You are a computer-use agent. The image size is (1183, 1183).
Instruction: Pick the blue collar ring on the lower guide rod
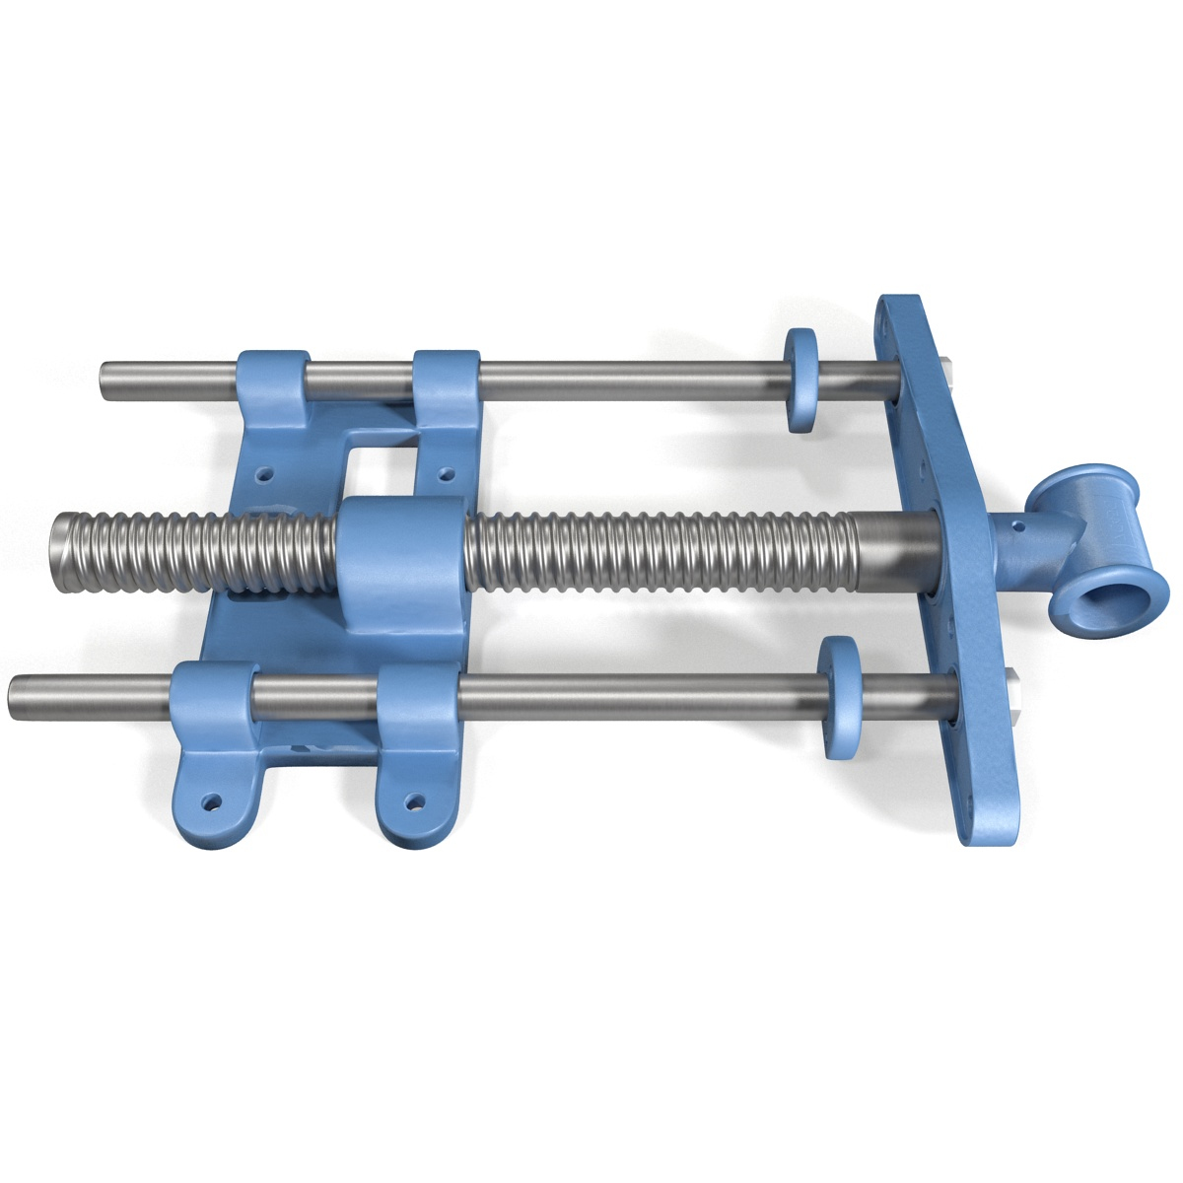pos(840,697)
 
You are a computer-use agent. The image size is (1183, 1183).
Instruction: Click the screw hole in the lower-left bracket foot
pos(210,802)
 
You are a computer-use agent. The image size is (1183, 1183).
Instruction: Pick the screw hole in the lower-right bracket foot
pos(414,801)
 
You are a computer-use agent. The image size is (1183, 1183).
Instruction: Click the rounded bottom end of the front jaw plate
pos(990,823)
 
